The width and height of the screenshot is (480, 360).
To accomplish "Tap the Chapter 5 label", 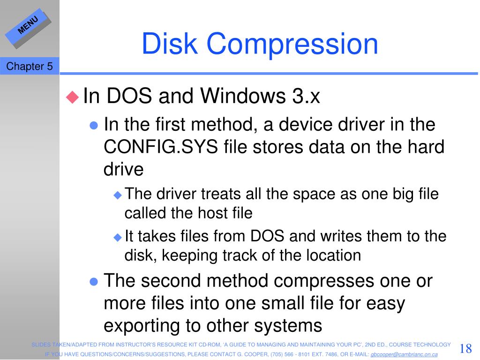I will pyautogui.click(x=29, y=67).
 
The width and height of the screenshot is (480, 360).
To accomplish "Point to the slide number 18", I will pyautogui.click(x=465, y=349).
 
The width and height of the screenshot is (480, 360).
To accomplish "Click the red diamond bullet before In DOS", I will pyautogui.click(x=72, y=97).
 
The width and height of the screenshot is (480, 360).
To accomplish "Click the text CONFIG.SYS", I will pyautogui.click(x=161, y=147).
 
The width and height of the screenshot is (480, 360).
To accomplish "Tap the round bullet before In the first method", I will pyautogui.click(x=93, y=126).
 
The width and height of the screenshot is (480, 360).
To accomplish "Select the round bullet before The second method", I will pyautogui.click(x=93, y=281).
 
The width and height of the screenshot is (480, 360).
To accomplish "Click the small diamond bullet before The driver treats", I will pyautogui.click(x=117, y=195).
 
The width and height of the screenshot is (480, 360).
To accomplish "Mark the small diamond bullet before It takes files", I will pyautogui.click(x=117, y=237).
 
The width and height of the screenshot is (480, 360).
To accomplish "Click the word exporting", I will pyautogui.click(x=142, y=325).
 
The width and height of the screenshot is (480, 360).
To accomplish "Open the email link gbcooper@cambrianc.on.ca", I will pyautogui.click(x=404, y=354).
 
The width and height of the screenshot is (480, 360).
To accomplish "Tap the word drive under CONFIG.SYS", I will pyautogui.click(x=123, y=169).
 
